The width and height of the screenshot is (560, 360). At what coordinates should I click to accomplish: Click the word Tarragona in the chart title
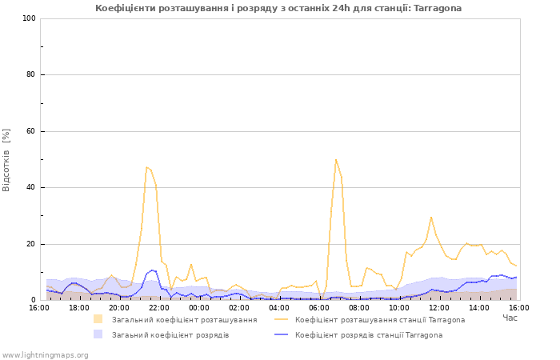point(437,8)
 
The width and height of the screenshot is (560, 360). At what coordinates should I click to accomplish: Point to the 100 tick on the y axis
point(30,18)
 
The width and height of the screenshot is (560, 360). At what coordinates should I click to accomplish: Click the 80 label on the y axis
point(31,74)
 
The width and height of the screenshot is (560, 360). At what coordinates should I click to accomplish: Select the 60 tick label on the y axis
point(31,131)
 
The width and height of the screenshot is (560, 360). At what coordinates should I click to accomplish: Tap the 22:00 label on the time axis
point(159,308)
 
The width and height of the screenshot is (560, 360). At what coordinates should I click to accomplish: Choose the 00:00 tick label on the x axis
point(199,308)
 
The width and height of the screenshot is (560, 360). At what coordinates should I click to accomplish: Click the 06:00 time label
point(319,308)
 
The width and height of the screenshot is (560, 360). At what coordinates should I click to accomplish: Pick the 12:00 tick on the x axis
point(439,308)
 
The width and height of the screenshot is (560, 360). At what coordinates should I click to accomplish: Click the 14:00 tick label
point(479,308)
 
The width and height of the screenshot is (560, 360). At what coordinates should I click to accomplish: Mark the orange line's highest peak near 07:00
point(336,160)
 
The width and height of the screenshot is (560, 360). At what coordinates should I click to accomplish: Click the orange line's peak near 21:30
point(146,166)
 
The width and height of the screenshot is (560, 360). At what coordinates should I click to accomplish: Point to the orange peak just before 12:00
point(431,217)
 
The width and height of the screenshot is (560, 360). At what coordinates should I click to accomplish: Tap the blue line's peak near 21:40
point(152,270)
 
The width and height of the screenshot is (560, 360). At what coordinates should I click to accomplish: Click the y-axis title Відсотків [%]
point(6,160)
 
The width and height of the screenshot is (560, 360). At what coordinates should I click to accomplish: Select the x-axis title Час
point(510,318)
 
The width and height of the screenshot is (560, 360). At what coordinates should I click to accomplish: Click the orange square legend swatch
point(98,319)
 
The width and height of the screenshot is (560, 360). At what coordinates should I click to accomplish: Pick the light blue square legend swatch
point(98,334)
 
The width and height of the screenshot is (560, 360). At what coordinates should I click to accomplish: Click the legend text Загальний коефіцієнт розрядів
point(170,335)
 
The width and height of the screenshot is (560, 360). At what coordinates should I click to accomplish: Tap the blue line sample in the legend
point(281,334)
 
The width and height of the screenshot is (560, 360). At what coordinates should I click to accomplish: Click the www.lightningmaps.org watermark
point(45,355)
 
